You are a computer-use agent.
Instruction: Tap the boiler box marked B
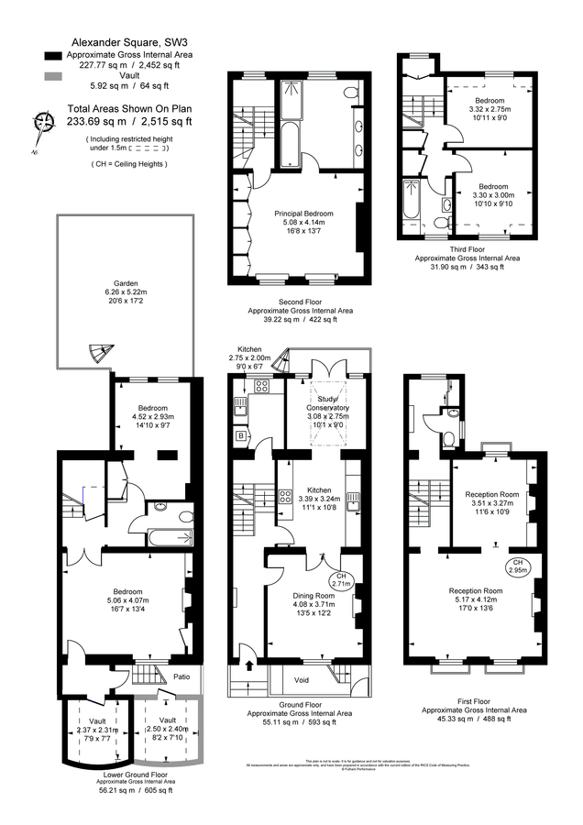click(x=242, y=436)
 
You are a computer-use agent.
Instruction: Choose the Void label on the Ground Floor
click(x=302, y=680)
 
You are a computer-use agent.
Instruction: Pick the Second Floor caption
click(x=300, y=302)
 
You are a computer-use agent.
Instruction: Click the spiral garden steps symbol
click(x=95, y=351)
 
